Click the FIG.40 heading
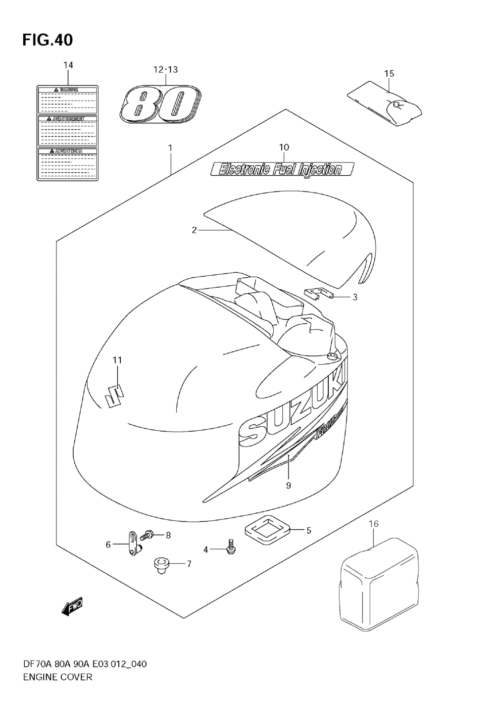48,40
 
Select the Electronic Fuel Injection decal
281,170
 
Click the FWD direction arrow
72,607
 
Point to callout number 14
68,65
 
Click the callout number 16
374,524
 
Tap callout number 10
284,147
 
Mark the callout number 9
288,485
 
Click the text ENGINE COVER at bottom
57,677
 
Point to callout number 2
195,230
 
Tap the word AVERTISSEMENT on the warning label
68,119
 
